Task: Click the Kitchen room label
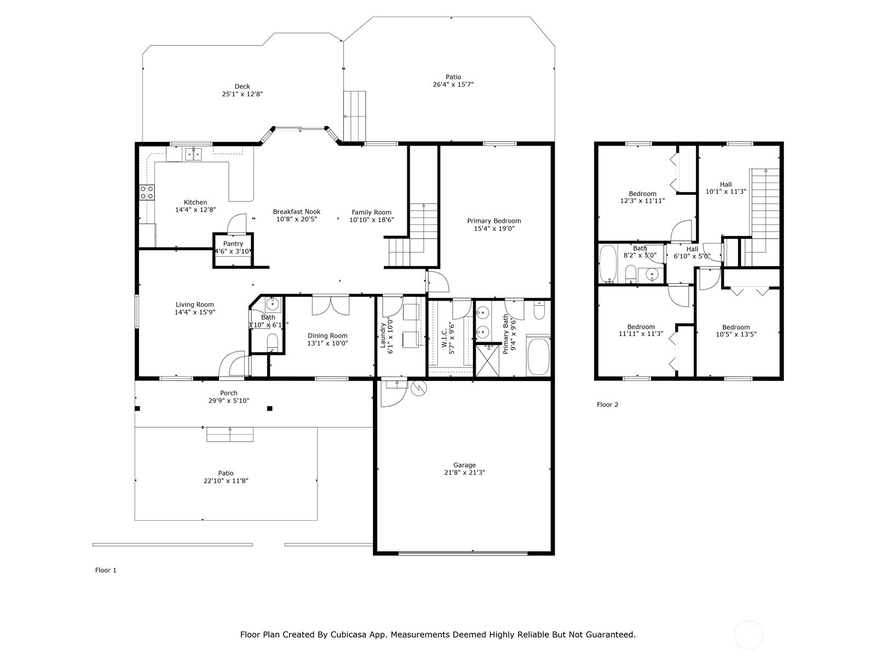point(195,202)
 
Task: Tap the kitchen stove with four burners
point(147,192)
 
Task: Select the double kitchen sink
point(194,154)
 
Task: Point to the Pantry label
point(233,244)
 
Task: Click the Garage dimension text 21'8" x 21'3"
point(464,472)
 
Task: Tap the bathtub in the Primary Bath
point(538,356)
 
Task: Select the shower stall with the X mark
point(487,361)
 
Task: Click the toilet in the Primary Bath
point(539,310)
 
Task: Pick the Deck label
point(242,86)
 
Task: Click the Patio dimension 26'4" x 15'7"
point(453,84)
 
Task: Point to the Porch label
point(229,393)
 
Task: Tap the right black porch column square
point(270,408)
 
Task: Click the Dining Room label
point(327,336)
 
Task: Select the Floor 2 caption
point(607,405)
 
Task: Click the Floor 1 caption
point(106,570)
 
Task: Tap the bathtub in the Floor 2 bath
point(608,264)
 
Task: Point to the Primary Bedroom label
point(494,221)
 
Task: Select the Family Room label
point(372,212)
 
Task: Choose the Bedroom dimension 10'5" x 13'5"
point(736,335)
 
